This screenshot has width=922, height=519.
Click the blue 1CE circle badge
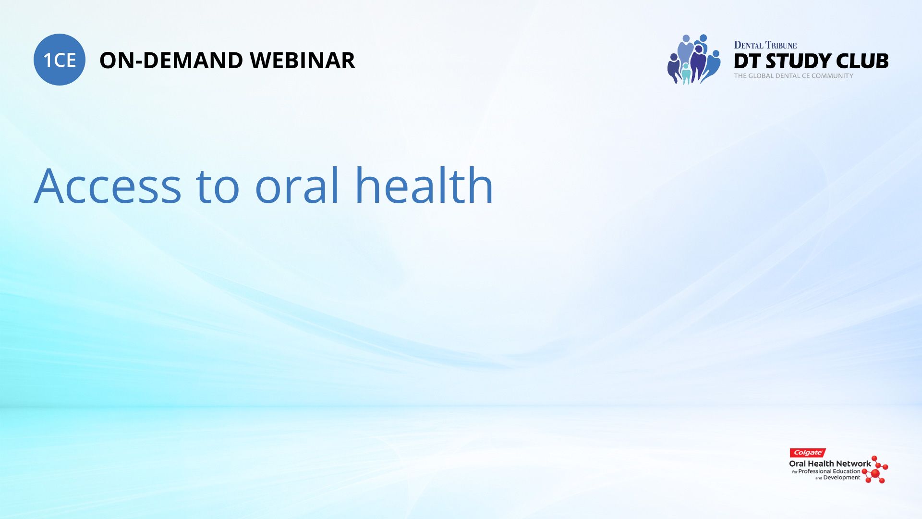tap(60, 60)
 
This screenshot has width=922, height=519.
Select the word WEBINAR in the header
tap(303, 61)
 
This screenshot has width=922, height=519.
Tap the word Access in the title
tap(108, 186)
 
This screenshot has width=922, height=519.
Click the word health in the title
tap(424, 185)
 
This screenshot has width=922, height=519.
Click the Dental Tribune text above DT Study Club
tap(765, 45)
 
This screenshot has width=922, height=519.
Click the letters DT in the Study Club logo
tap(748, 61)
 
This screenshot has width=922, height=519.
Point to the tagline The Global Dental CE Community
tap(793, 76)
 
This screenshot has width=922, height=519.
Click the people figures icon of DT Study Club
tap(693, 59)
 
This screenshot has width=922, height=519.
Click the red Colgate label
tap(807, 453)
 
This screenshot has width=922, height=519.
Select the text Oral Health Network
tap(830, 464)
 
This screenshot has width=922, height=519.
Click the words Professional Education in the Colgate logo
tap(829, 471)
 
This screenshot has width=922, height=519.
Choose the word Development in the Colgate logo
tap(842, 478)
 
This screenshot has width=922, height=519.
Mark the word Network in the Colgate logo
tap(853, 464)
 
